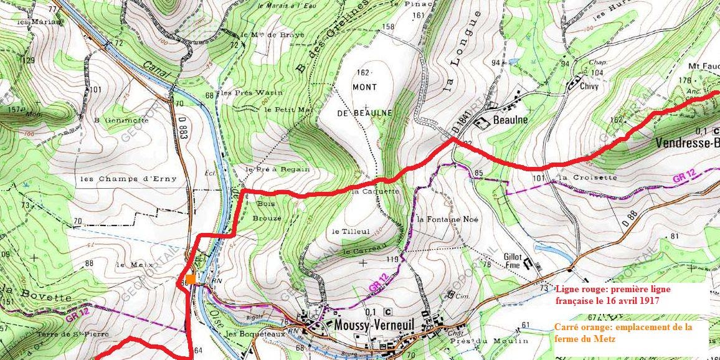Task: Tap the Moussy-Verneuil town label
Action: [x=372, y=325]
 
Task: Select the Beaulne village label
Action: [x=510, y=119]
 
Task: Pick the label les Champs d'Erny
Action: [x=128, y=179]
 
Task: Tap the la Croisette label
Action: [x=587, y=178]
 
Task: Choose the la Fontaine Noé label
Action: [x=447, y=219]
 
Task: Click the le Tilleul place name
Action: [x=351, y=231]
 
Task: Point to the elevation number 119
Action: [x=392, y=259]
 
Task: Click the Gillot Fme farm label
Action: [x=512, y=260]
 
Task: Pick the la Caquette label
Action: [x=375, y=192]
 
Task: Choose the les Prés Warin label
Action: [x=252, y=93]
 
